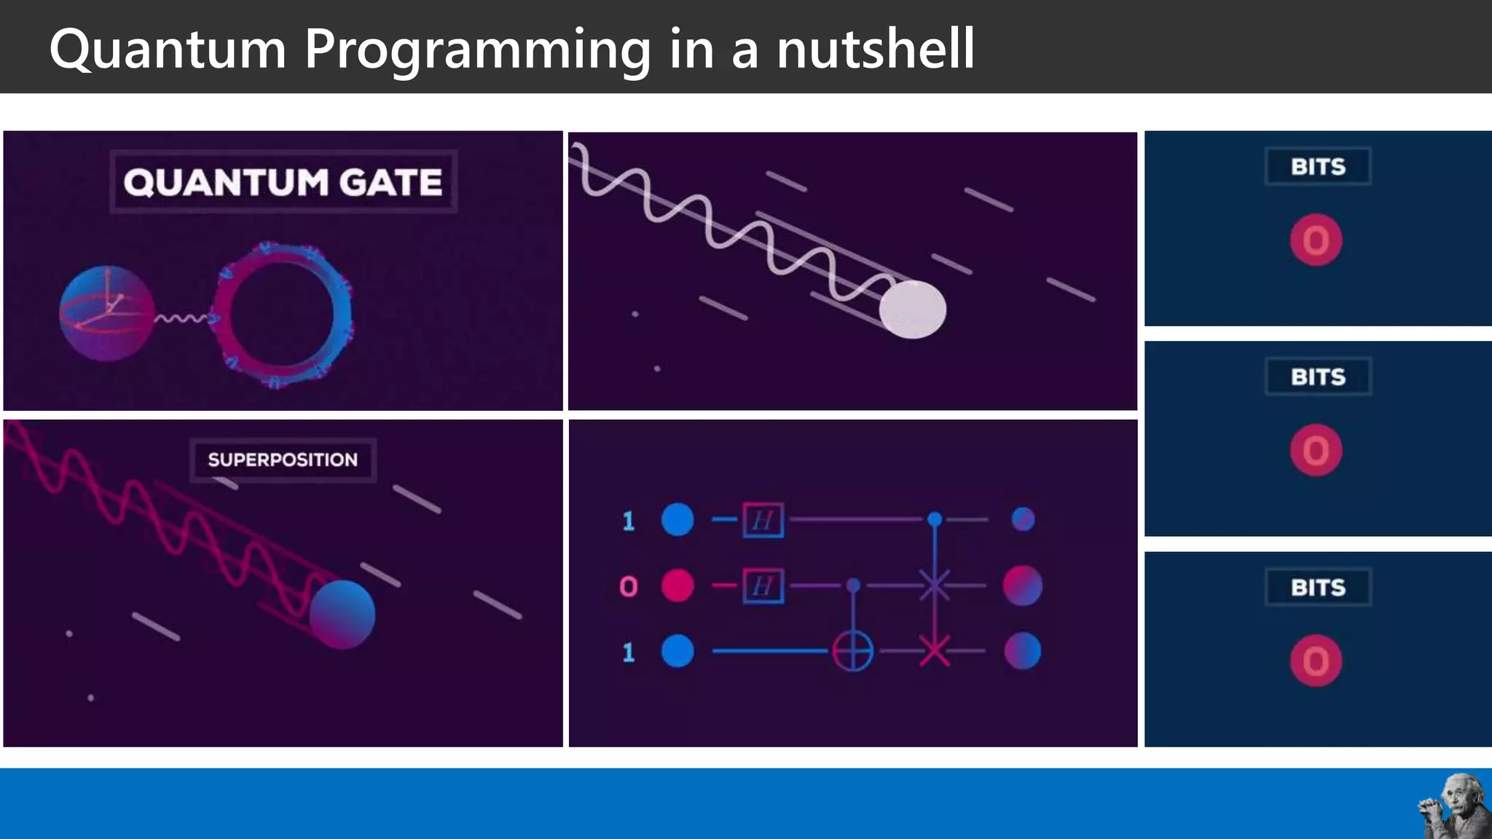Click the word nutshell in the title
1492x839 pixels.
874,50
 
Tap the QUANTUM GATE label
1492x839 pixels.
283,182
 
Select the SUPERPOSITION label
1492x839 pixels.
283,460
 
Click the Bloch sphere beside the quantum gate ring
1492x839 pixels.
106,313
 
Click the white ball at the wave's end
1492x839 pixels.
912,310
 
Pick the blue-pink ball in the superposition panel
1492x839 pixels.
342,614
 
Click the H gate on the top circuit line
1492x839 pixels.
763,520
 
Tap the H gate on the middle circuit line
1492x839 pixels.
763,586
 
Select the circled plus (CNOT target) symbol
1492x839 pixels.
853,650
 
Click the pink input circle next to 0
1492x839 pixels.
677,586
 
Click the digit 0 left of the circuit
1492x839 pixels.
628,586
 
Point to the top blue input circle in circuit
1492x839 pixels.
677,520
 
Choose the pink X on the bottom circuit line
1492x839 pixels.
934,650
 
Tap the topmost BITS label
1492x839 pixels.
1318,167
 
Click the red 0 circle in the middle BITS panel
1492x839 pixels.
1316,451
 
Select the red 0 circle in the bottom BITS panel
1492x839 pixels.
1316,661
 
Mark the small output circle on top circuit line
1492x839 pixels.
1023,519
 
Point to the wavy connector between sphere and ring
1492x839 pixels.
182,318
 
